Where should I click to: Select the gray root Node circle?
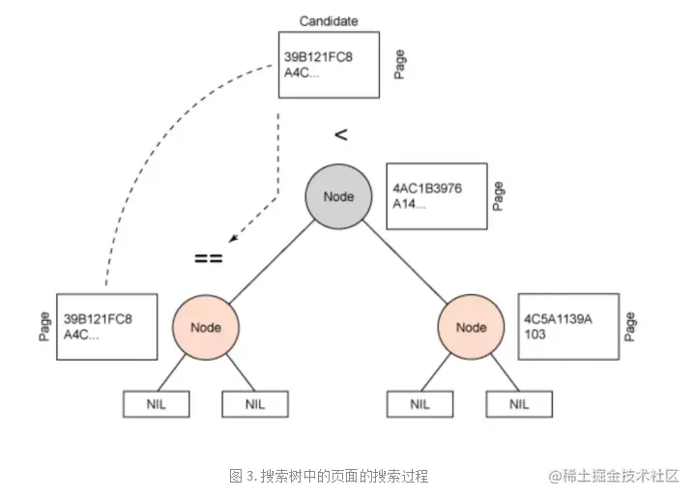(338, 196)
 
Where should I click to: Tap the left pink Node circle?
(205, 327)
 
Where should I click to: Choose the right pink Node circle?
(471, 327)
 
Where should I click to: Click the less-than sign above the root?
(340, 134)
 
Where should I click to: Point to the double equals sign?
(209, 258)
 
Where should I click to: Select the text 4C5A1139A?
(558, 318)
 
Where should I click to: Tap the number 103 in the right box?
(535, 334)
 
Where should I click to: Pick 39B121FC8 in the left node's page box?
(98, 318)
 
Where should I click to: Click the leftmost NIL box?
(156, 403)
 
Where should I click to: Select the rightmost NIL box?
(519, 403)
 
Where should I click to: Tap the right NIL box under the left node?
(254, 403)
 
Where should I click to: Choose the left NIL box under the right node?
(420, 403)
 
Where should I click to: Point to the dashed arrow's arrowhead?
(233, 240)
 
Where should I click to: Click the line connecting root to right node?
(406, 262)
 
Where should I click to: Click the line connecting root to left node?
(272, 262)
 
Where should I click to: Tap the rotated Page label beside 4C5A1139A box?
(630, 327)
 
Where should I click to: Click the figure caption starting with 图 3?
(329, 476)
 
